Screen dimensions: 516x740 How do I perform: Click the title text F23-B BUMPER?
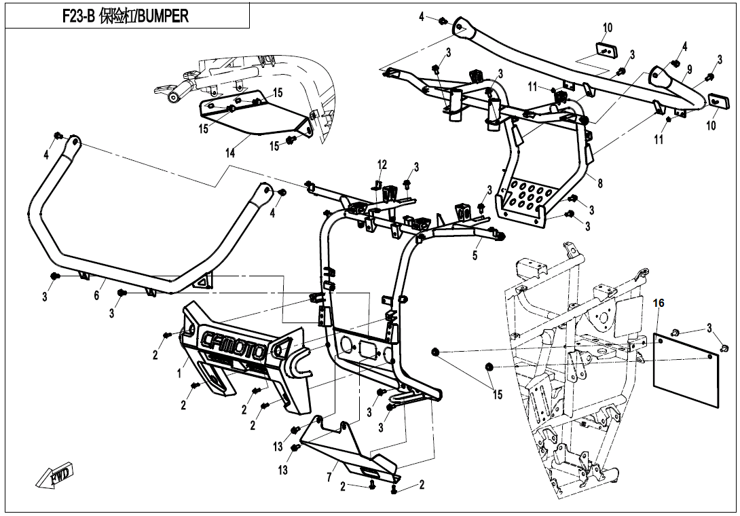pyautogui.click(x=126, y=16)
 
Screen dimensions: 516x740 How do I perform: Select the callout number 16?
pyautogui.click(x=659, y=303)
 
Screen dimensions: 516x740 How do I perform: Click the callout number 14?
pyautogui.click(x=231, y=153)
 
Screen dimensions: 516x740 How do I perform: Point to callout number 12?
pyautogui.click(x=382, y=164)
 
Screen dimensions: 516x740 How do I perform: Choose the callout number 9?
pyautogui.click(x=688, y=69)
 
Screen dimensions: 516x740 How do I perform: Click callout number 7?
pyautogui.click(x=329, y=477)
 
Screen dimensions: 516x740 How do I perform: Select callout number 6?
pyautogui.click(x=96, y=296)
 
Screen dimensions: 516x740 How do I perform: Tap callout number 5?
pyautogui.click(x=475, y=256)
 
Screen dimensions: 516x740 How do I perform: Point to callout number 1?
pyautogui.click(x=179, y=373)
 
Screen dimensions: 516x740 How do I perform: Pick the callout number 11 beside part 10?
pyautogui.click(x=659, y=140)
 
